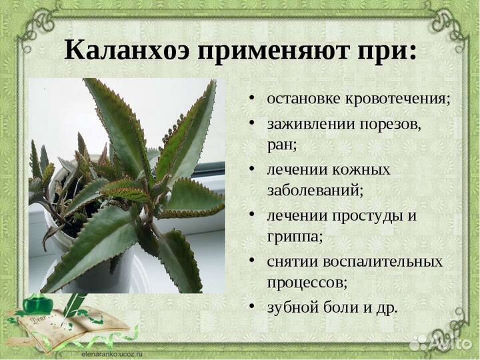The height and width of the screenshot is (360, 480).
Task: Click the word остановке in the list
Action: click(x=303, y=99)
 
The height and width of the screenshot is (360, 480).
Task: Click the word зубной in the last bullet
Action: click(x=292, y=307)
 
